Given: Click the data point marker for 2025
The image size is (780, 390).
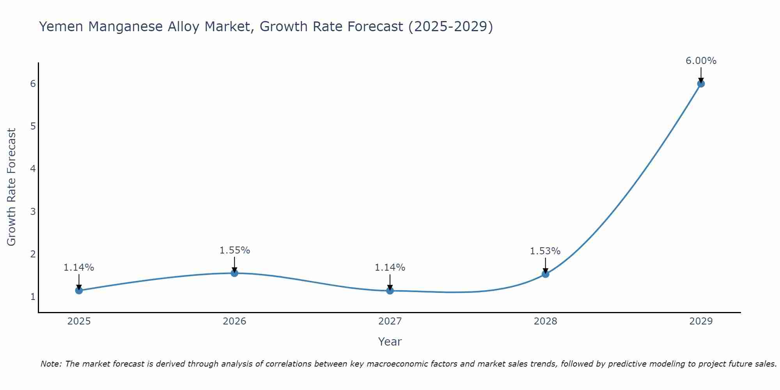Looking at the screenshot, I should (79, 290).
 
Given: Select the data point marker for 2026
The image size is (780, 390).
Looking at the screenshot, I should (234, 273).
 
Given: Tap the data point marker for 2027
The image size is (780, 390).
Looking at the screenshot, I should (390, 290).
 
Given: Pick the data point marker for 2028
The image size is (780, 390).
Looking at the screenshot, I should (545, 274).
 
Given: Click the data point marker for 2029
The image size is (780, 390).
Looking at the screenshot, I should (701, 83).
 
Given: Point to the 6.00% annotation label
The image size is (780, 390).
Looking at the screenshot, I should (701, 61).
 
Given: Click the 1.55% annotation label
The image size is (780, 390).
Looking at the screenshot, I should (234, 250).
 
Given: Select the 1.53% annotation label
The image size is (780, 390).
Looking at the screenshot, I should (545, 251).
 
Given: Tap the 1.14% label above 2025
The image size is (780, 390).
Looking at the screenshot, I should (79, 268).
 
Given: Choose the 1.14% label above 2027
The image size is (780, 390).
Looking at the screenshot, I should (390, 268).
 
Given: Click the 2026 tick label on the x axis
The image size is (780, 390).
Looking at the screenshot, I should (234, 321).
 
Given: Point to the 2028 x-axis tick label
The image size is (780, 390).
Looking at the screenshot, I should (545, 321).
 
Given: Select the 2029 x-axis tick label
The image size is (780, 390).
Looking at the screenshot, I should (701, 321).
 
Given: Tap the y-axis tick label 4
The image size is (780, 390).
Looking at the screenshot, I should (33, 169).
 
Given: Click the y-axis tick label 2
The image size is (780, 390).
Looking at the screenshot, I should (33, 254).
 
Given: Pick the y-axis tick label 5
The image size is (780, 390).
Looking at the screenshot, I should (33, 126).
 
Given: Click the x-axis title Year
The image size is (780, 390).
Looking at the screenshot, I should (390, 342).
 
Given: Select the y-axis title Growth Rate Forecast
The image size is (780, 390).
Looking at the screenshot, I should (12, 187).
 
